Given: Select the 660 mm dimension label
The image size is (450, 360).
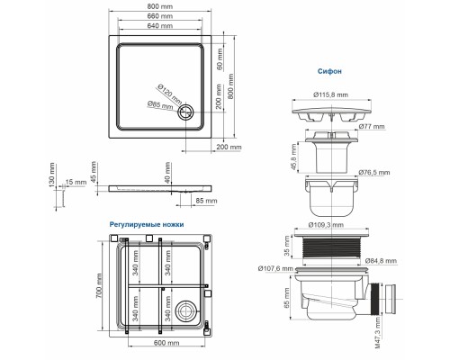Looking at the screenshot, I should click(x=160, y=16).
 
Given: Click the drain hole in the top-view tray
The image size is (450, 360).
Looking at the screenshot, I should click(x=186, y=112).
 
